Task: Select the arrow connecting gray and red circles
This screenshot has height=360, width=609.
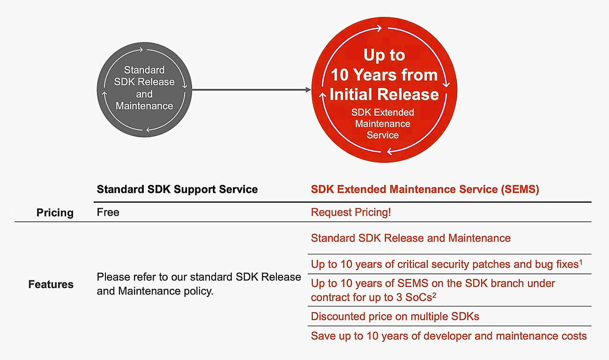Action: point(251,89)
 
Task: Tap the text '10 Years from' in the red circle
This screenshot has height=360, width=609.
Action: point(384,75)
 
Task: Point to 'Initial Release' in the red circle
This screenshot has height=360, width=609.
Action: point(384,94)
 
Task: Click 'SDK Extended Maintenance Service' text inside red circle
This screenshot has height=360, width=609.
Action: point(383,124)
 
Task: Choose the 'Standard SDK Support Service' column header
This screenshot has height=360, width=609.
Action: point(177,190)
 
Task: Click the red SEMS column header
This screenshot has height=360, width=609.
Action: point(425,190)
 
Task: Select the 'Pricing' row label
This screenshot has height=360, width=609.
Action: point(55,213)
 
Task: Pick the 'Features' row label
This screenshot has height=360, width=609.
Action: point(51,285)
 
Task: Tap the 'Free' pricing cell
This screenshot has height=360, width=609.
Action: point(108,213)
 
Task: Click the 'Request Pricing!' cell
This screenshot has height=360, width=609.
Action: point(351,213)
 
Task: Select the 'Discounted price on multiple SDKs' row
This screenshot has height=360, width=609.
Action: point(395,317)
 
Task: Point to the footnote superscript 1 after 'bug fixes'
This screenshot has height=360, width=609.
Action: point(581,262)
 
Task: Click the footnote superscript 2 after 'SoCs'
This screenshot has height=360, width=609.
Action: point(434,295)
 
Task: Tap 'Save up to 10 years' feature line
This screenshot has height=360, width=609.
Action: point(448,336)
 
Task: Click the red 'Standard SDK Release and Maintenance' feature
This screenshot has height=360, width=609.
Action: point(410,238)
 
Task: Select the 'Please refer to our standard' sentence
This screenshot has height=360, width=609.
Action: point(199,284)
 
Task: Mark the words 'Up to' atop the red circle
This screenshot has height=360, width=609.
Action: point(384,55)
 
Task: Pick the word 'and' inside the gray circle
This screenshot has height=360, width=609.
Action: point(144,94)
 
